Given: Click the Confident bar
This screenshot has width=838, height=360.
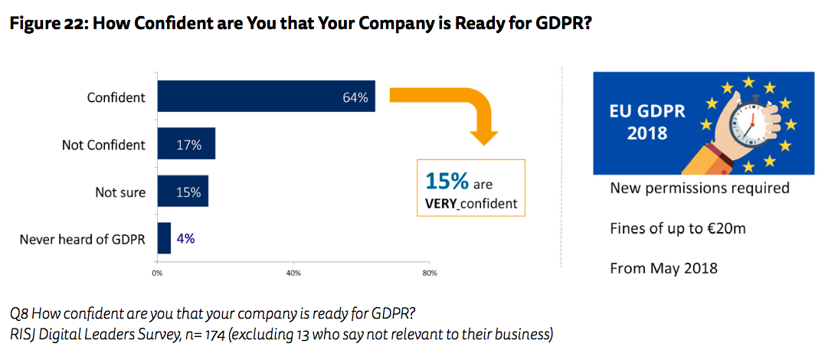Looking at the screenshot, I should [x=266, y=97].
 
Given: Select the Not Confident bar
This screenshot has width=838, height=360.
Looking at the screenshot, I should [x=186, y=144].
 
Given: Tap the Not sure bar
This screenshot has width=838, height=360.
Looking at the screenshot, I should [x=182, y=191].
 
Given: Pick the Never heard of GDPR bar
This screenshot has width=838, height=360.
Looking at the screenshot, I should [x=164, y=238].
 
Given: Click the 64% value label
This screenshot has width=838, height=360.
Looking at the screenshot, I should [x=355, y=97].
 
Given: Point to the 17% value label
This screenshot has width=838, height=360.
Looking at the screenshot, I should [x=188, y=145].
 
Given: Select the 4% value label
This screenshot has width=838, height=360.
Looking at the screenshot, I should [x=185, y=238].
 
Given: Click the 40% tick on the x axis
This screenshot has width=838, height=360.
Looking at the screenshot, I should [x=293, y=273].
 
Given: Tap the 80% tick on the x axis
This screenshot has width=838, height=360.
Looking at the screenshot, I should [x=429, y=273].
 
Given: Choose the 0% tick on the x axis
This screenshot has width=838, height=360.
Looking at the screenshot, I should [x=157, y=273].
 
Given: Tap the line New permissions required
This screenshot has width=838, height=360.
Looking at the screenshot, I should [x=699, y=188].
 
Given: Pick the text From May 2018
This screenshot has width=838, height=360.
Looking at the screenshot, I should [x=663, y=268].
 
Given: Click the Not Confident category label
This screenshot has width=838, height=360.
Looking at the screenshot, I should [x=103, y=145].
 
